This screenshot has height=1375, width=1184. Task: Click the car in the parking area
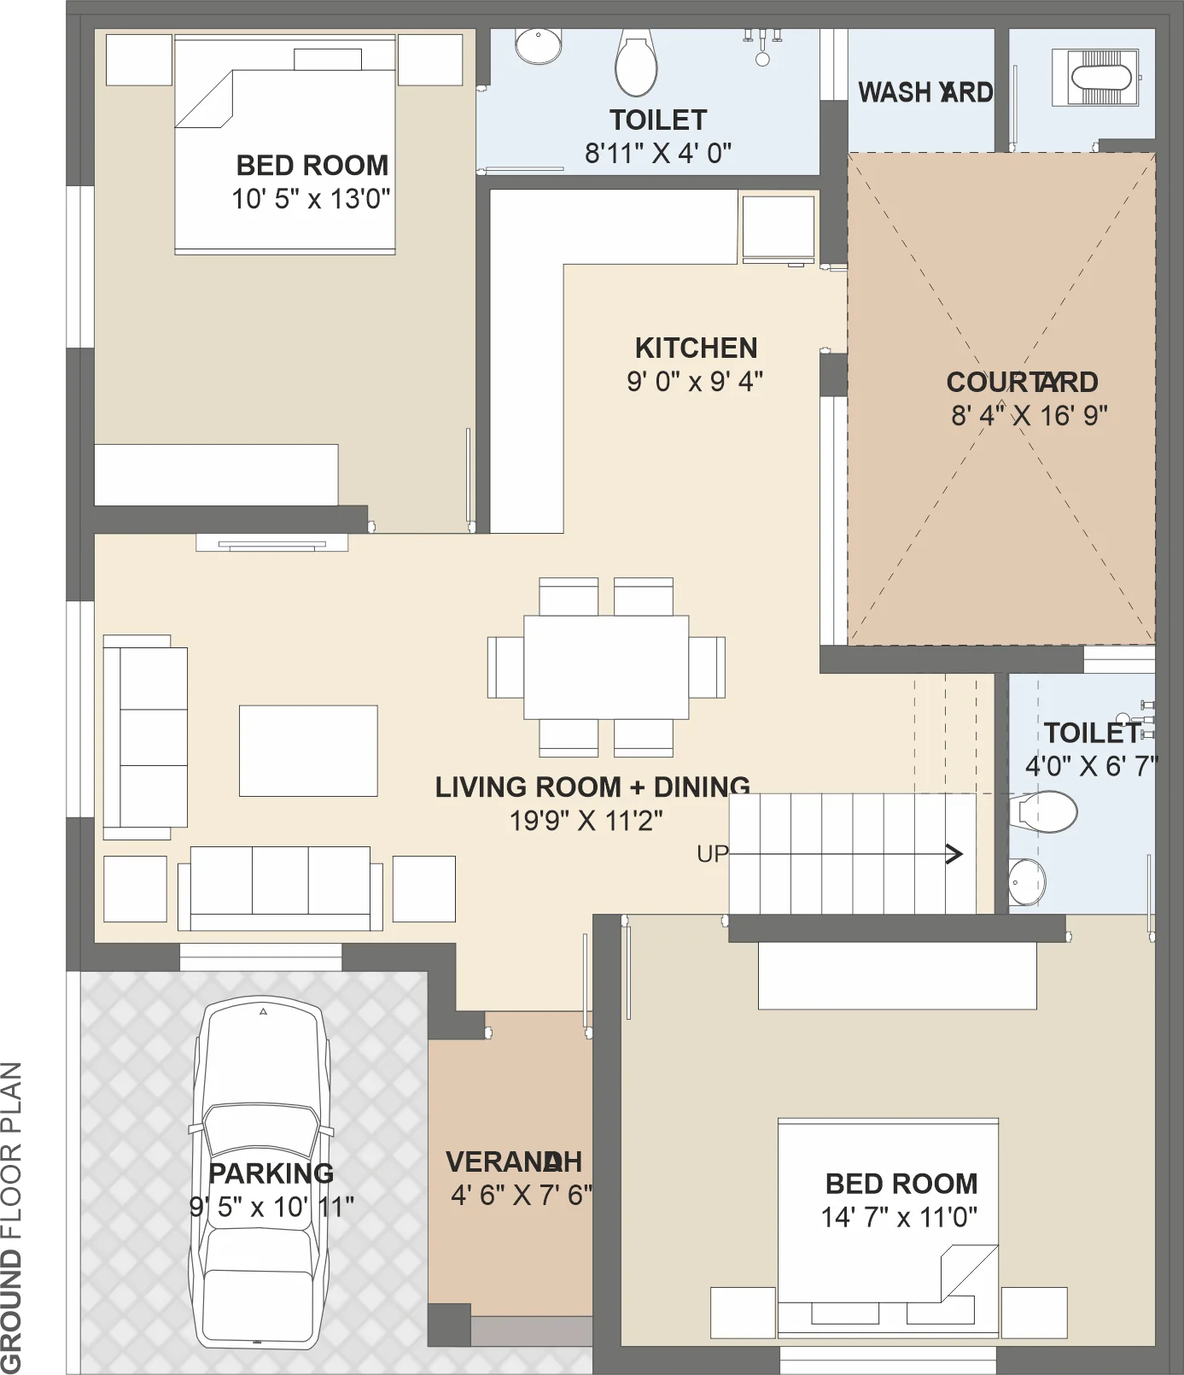[260, 1174]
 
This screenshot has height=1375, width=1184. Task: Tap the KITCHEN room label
[696, 348]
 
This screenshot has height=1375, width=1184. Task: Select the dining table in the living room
[606, 667]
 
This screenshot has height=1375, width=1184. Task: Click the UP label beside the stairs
[713, 854]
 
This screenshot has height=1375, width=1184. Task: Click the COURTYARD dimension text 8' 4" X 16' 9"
[1029, 416]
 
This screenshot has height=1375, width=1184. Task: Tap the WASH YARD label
[925, 92]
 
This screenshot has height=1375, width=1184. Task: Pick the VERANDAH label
[514, 1161]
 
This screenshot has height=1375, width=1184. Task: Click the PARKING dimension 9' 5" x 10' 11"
[271, 1207]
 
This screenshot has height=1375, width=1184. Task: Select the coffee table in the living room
[308, 751]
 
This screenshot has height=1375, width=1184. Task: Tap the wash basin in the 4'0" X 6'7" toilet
[1027, 881]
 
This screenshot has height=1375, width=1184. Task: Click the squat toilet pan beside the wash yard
[1095, 78]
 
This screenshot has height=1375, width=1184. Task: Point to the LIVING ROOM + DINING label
[592, 787]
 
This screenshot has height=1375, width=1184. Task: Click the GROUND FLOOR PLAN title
[11, 1217]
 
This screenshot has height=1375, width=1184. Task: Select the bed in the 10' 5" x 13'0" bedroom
[285, 144]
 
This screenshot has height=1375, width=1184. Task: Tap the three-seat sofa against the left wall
[145, 737]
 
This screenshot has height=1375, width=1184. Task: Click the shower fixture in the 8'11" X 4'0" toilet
[762, 46]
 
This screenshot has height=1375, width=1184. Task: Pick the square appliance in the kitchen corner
[779, 228]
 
